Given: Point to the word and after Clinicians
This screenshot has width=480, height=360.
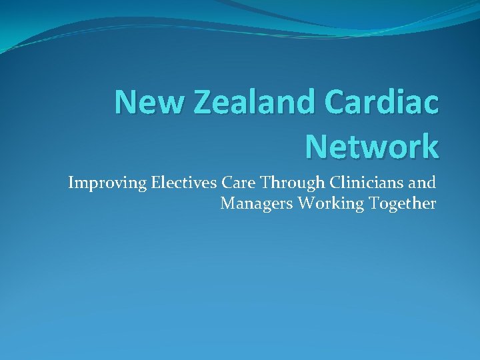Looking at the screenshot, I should click(421, 182).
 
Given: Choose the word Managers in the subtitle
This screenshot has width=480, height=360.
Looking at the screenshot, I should click(257, 204).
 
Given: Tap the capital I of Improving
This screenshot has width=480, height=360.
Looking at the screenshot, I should click(71, 182).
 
